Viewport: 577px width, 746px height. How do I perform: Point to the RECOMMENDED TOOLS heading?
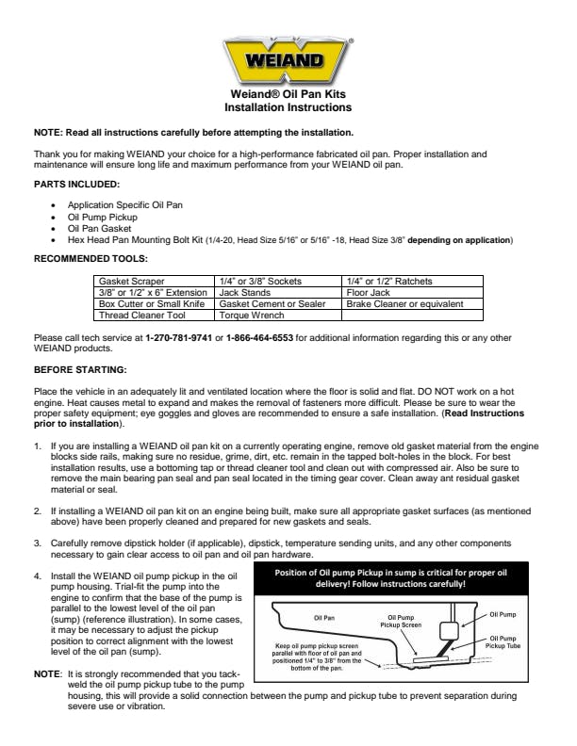pos(91,257)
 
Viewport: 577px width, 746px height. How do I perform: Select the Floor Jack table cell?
pos(369,292)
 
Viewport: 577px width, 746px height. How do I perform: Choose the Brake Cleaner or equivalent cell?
pos(404,304)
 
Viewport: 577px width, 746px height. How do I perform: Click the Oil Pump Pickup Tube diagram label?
pos(526,641)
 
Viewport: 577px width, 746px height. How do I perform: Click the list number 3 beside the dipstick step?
pos(38,543)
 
